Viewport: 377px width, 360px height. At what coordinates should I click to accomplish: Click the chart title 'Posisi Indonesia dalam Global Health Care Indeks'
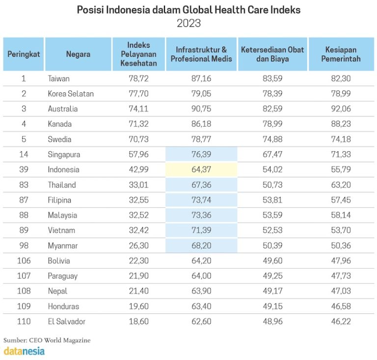coord(188,10)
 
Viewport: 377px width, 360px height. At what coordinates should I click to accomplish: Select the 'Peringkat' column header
coord(23,54)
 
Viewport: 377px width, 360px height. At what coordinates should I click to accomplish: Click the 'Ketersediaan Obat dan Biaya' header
coord(272,54)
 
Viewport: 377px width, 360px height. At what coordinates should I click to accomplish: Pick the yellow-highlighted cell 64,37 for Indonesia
coord(201,170)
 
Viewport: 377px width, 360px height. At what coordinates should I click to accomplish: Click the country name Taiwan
coord(59,79)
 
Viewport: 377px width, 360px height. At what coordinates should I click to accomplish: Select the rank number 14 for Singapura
coord(23,155)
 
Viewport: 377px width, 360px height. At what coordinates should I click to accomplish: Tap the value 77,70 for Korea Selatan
coord(138,94)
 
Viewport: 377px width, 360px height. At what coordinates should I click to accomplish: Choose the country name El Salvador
coord(67,322)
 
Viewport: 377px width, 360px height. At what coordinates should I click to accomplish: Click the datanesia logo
coord(24,351)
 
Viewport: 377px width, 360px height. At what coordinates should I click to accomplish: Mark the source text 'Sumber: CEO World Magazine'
coord(47,340)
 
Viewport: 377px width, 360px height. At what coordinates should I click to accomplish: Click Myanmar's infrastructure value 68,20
coord(201,246)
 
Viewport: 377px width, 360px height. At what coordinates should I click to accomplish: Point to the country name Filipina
coord(60,200)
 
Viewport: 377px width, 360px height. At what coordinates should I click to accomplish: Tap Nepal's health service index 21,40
coord(138,291)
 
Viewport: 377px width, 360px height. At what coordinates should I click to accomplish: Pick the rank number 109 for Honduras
coord(23,306)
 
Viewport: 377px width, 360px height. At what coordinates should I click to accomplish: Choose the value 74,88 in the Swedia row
coord(272,139)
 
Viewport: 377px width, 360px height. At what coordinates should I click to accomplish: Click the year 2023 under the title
coord(188,24)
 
